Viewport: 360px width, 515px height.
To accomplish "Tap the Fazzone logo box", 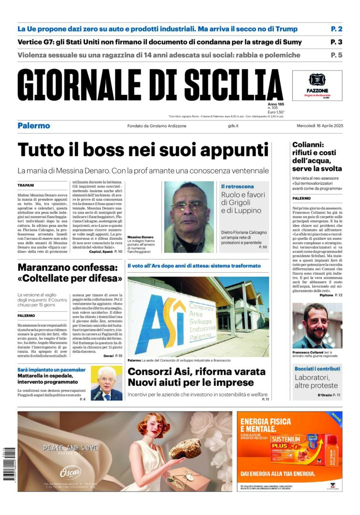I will pos(317,85).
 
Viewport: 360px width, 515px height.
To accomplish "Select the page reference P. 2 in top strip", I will pos(337,29).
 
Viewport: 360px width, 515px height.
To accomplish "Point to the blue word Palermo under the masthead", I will pos(34,126).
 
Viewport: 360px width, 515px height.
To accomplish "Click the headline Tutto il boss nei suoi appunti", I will pos(143,150).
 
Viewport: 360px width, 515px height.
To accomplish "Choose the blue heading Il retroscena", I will pos(237,186).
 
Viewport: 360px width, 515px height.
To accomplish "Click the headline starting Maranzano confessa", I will pos(70,272).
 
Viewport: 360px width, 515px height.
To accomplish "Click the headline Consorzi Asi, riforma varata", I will pos(196,377).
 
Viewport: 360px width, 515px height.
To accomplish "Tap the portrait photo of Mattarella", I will pos(106,383).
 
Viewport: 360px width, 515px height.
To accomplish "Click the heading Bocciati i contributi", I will pos(317,370).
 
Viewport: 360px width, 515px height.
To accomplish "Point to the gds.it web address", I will pos(234,126).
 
